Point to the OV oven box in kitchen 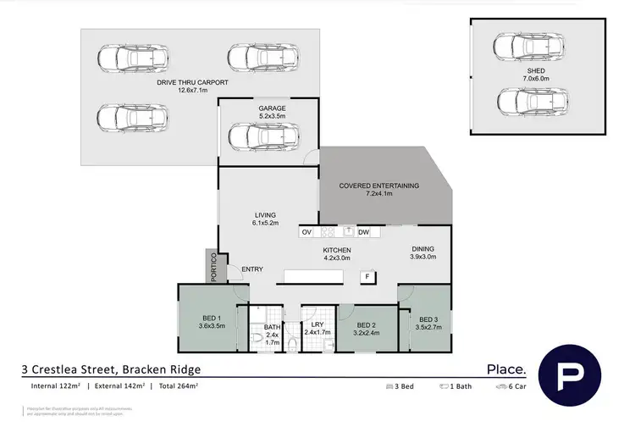[306, 231]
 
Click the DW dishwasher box [362, 231]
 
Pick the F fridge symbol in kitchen [367, 276]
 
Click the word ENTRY [251, 269]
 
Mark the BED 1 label [211, 318]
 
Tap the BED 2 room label [366, 325]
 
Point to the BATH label [272, 327]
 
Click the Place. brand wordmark [505, 369]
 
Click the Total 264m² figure [175, 385]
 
